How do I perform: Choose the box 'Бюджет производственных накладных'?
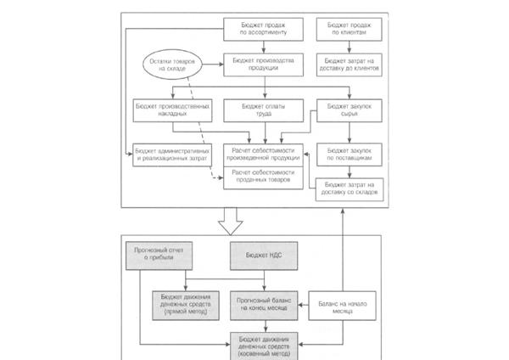(x=171, y=110)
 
